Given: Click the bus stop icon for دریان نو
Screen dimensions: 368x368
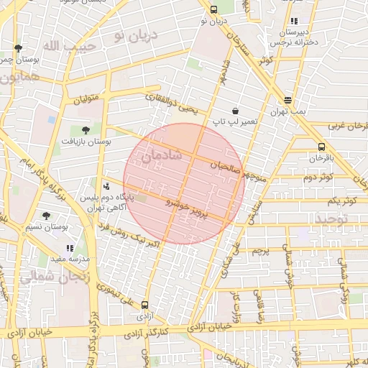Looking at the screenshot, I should [213, 9].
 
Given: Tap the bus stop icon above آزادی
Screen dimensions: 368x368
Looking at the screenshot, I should [146, 305].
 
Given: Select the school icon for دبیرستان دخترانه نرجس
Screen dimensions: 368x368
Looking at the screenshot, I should [295, 22].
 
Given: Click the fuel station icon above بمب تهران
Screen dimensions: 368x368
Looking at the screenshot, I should [288, 100].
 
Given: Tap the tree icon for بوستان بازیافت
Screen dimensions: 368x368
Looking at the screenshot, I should [86, 130].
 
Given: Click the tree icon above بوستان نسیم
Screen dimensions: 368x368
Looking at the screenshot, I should [47, 215].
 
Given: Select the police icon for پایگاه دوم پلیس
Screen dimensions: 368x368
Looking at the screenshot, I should [106, 186].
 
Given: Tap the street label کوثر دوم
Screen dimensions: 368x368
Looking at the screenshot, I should [318, 177].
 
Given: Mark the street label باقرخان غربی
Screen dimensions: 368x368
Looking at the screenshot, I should [349, 126].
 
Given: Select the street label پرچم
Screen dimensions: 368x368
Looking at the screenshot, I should [260, 252].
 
